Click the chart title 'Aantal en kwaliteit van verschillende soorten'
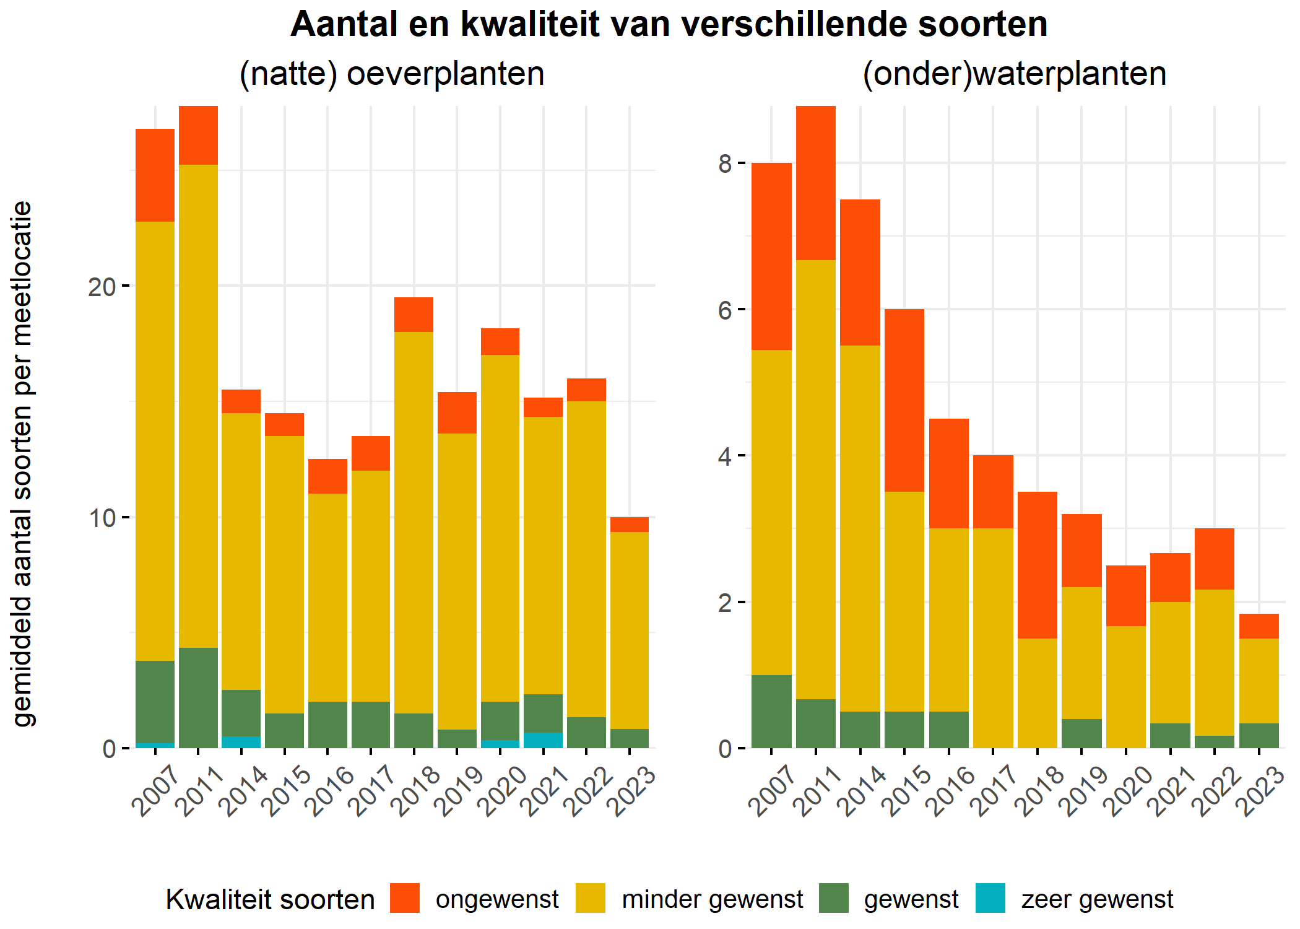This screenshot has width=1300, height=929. (x=669, y=25)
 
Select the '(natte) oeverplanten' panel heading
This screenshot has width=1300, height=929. (x=391, y=74)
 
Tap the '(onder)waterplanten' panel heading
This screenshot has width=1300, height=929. (x=1014, y=74)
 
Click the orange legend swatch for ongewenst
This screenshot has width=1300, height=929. (x=405, y=898)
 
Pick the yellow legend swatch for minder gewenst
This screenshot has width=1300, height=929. (x=590, y=898)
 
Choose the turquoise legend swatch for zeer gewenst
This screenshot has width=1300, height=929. (x=990, y=898)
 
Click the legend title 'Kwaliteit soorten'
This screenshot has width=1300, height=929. (x=270, y=899)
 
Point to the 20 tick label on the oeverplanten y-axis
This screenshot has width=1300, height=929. (x=102, y=287)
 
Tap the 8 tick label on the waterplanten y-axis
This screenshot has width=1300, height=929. (x=725, y=164)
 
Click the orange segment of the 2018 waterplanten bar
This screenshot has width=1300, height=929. (x=1038, y=565)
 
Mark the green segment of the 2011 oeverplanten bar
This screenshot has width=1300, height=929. (x=198, y=697)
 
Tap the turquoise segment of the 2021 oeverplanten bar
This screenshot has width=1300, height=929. (x=543, y=740)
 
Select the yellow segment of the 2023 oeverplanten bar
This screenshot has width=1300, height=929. (x=629, y=630)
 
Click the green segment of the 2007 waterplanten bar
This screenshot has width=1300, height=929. (x=771, y=711)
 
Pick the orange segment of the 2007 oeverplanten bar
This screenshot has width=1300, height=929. (x=155, y=175)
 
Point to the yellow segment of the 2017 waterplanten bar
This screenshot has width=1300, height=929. (x=993, y=638)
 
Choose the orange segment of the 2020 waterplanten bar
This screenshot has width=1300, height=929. (x=1126, y=595)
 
